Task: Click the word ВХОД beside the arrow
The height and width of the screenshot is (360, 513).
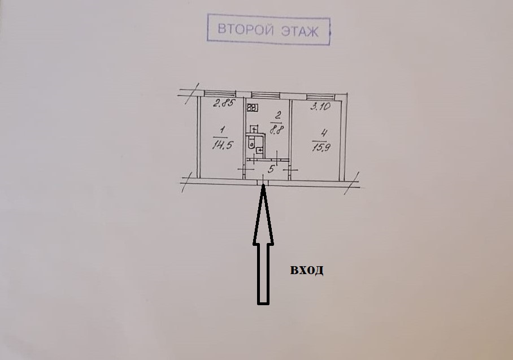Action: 307,270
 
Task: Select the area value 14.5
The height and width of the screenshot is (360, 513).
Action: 220,144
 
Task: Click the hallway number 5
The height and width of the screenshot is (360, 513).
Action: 271,168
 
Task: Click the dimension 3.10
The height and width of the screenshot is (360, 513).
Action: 320,105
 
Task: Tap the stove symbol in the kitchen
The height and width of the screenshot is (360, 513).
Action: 253,107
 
